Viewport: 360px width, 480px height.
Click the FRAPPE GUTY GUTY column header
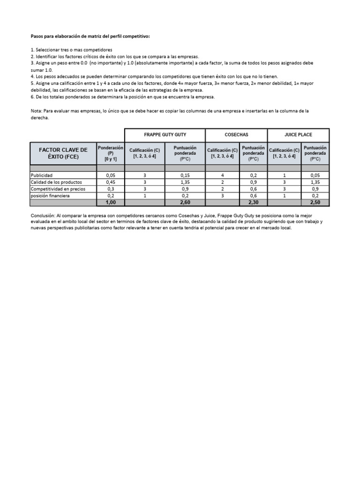[165, 135]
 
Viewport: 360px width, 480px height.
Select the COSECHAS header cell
[236, 135]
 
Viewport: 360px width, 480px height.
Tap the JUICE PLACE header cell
[298, 135]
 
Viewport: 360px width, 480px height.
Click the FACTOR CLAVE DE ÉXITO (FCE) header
[63, 153]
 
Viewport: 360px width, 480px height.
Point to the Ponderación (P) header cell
[110, 153]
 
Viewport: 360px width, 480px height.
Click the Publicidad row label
[43, 175]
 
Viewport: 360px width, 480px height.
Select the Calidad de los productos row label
[56, 182]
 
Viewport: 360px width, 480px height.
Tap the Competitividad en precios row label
[58, 189]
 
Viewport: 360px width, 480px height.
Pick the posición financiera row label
[50, 195]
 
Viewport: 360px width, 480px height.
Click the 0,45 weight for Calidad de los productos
[111, 182]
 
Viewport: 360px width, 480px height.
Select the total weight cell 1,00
[111, 202]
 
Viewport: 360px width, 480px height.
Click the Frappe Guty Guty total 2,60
[185, 202]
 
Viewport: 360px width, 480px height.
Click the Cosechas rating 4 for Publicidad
[223, 175]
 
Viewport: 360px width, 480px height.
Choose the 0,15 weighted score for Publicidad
[185, 175]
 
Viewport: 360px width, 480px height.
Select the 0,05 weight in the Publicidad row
[111, 175]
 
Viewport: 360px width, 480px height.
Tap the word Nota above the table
[36, 111]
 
